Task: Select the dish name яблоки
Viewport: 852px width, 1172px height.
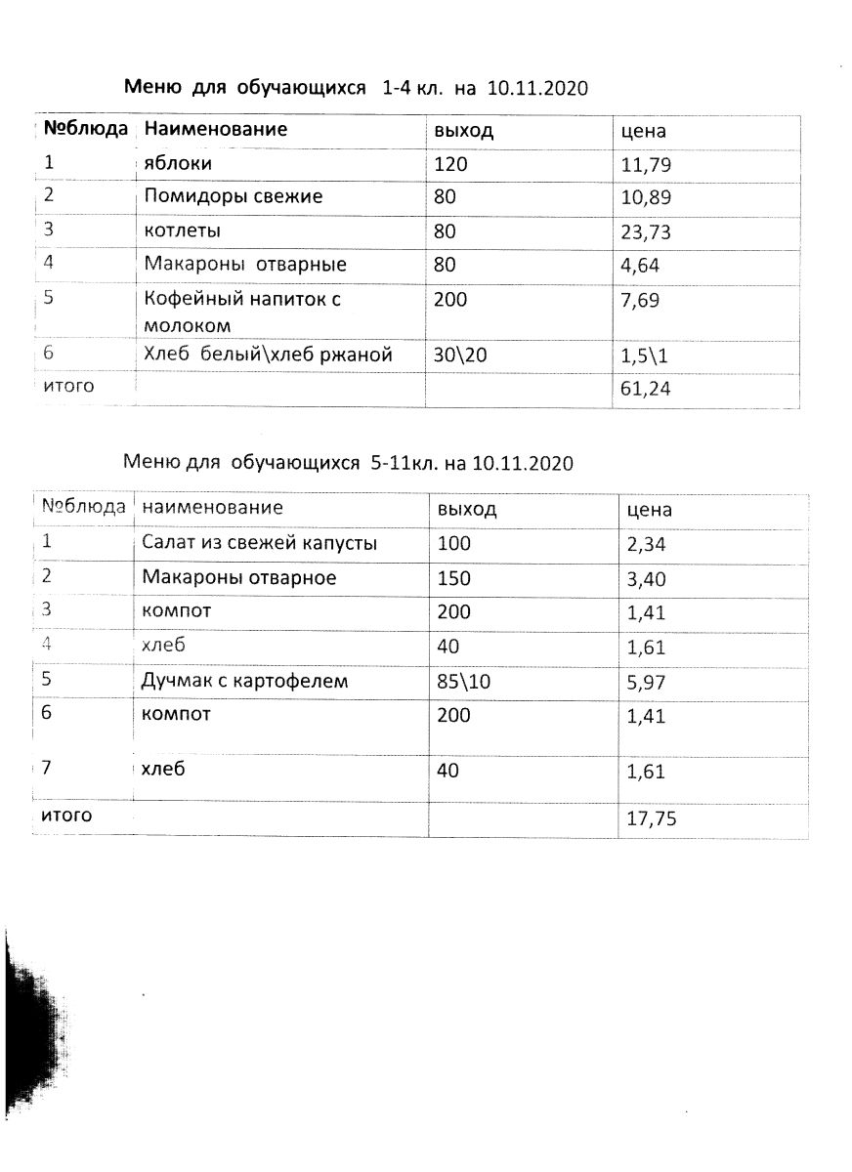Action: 178,163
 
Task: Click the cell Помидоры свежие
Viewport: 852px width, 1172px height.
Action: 234,196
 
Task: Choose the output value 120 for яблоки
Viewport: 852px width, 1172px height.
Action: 451,164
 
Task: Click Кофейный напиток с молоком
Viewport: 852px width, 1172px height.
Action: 241,312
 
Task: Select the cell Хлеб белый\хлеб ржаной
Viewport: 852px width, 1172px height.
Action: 268,356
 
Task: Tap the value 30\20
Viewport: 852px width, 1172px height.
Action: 458,356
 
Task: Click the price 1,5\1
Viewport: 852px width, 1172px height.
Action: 644,356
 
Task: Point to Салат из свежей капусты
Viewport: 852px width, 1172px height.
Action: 259,543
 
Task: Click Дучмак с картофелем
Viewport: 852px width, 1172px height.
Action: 244,681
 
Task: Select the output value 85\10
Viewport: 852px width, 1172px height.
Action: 465,682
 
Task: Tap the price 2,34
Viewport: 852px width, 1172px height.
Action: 646,544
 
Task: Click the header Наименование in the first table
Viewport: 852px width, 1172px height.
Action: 216,129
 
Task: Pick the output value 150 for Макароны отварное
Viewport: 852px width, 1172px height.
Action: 454,578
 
